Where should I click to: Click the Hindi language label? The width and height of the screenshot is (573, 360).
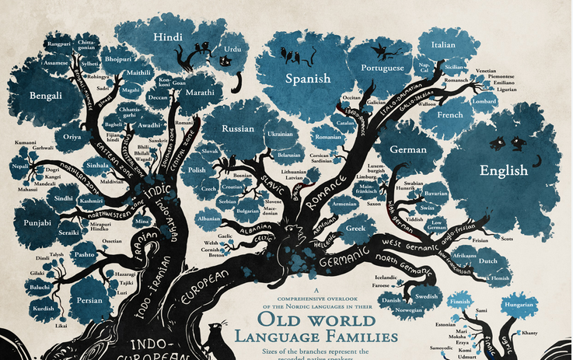point(167,37)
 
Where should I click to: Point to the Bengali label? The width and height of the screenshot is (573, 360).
point(46,96)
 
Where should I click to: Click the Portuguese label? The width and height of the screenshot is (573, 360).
point(383,68)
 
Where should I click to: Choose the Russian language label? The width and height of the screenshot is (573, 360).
point(238,128)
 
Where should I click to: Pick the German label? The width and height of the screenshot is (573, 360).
point(408,149)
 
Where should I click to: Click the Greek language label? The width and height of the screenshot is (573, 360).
point(355,229)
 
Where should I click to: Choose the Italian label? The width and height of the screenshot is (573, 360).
point(443,44)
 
